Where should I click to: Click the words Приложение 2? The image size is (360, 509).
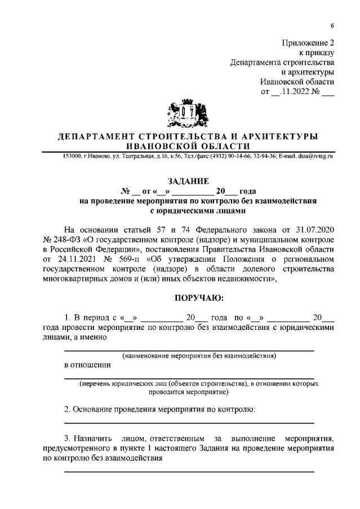[308, 42]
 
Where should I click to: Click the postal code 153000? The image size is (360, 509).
[72, 155]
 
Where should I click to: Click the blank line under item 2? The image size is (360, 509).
[189, 422]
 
